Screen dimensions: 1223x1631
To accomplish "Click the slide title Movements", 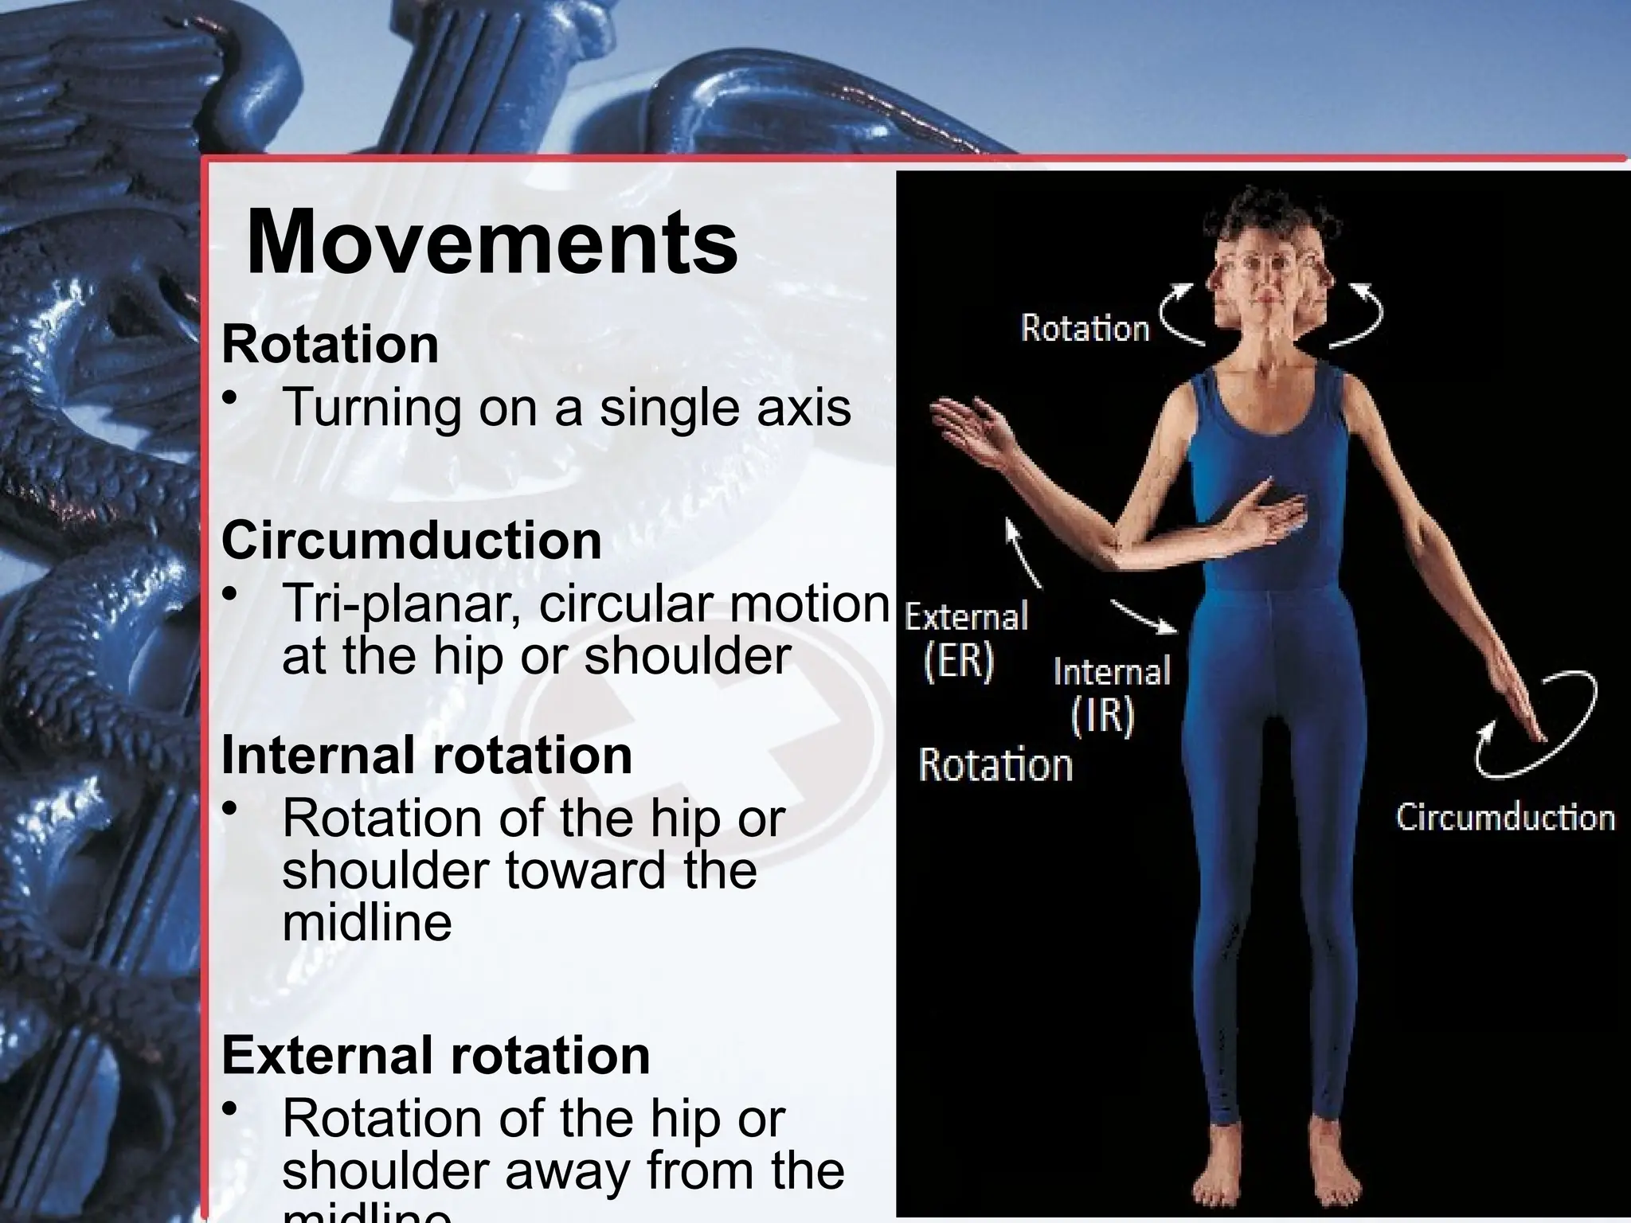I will [x=492, y=241].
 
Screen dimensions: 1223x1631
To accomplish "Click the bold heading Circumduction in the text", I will [x=411, y=541].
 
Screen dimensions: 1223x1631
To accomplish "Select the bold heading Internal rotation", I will [x=427, y=755].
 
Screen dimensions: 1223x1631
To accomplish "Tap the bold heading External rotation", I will [x=436, y=1054].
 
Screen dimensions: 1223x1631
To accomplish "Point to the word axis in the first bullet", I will [x=805, y=407].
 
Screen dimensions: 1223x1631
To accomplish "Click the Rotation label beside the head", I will [x=1085, y=329].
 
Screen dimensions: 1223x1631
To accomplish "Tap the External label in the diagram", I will [x=967, y=617].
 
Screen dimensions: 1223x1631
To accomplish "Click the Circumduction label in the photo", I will [x=1504, y=818].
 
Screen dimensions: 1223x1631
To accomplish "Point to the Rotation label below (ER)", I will [x=995, y=765].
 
